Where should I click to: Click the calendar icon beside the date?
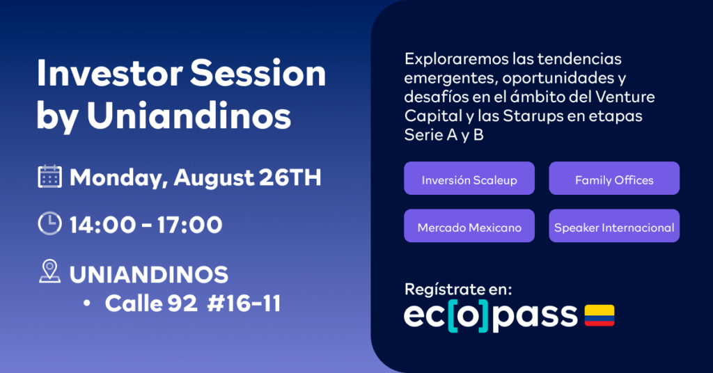(x=49, y=176)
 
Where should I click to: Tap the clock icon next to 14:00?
(x=49, y=223)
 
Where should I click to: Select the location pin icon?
(x=49, y=271)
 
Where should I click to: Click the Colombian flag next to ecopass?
(x=600, y=315)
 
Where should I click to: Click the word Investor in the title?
(x=109, y=73)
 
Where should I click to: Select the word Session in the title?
(x=258, y=73)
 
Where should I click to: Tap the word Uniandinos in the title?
(x=189, y=116)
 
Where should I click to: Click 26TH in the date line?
(x=290, y=177)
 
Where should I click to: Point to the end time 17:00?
(x=189, y=225)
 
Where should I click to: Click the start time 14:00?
(x=102, y=225)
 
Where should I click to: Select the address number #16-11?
(x=244, y=303)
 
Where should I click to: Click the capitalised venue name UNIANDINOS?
(x=149, y=274)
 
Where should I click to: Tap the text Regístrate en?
(x=458, y=289)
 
